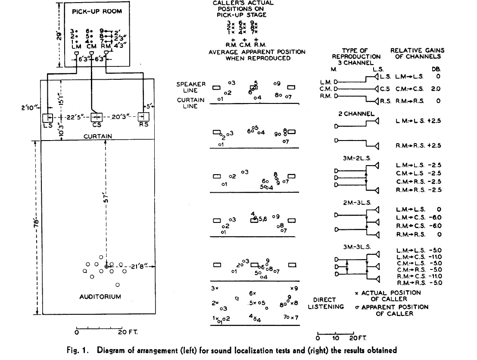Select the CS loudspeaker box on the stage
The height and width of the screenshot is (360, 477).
point(96,117)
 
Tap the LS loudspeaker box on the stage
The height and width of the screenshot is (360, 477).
point(47,118)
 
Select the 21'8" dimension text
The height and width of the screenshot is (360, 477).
point(139,268)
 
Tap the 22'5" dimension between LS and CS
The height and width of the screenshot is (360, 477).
point(72,117)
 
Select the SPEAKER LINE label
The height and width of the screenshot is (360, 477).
point(191,88)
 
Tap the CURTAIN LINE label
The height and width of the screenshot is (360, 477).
point(191,103)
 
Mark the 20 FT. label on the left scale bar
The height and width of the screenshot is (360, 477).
point(127,332)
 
